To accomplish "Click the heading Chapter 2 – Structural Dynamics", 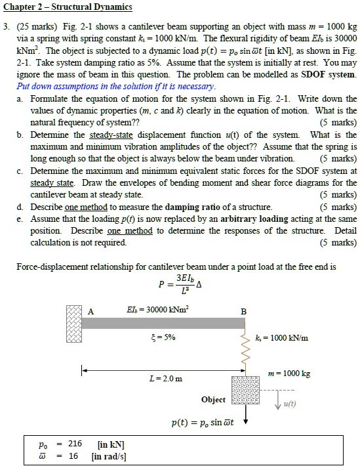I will point(69,7).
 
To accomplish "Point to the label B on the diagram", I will point(244,310).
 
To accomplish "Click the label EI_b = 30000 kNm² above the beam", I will point(165,310).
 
